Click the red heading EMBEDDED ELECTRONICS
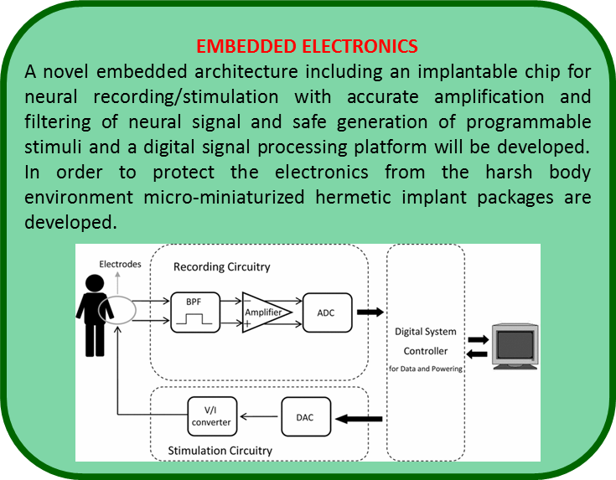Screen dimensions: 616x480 point(307,46)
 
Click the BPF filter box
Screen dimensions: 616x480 point(195,312)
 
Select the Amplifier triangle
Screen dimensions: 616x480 point(267,312)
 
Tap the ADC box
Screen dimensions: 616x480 point(327,312)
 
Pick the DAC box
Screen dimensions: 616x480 point(306,417)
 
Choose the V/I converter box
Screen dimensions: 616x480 point(212,416)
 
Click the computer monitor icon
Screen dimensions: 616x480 point(515,347)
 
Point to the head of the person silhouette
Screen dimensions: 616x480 point(95,283)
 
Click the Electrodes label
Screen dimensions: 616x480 point(120,264)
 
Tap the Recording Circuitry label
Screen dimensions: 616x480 point(222,266)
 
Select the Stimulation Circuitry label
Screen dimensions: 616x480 point(220,451)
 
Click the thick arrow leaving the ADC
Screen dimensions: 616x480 point(370,312)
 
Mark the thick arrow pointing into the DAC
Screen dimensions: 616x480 point(359,419)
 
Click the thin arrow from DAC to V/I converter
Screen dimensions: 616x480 point(259,416)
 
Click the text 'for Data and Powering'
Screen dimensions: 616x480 point(426,369)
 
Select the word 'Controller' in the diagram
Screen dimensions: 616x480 point(426,351)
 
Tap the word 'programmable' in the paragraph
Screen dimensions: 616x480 point(528,122)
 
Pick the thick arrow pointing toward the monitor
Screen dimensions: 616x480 point(479,339)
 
